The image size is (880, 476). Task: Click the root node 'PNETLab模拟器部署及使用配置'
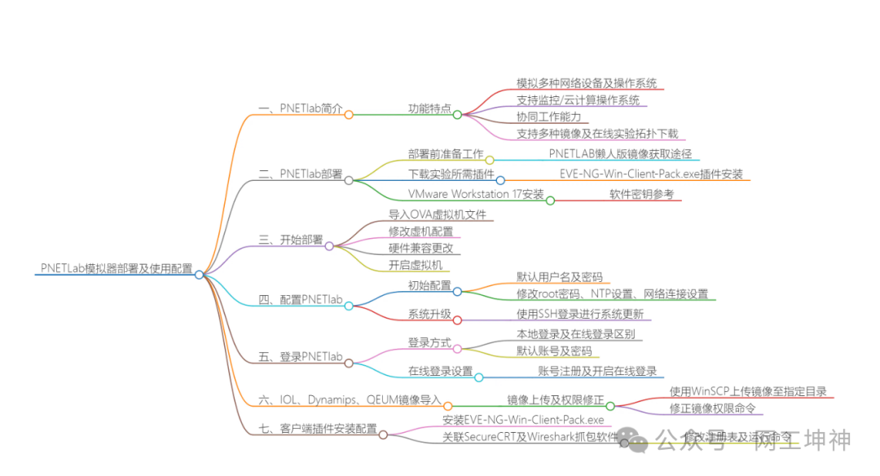(x=117, y=268)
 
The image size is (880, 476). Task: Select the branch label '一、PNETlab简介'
(x=300, y=108)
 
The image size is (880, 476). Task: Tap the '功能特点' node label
(x=429, y=108)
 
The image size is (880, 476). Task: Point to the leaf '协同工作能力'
(x=548, y=117)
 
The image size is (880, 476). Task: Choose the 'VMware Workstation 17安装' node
(x=476, y=194)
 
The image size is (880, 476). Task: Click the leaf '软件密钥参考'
(x=642, y=194)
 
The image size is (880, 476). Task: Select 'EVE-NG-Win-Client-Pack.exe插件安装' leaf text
(x=651, y=174)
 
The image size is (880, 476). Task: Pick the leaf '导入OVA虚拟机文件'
(x=438, y=214)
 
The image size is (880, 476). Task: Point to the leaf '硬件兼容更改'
(x=420, y=248)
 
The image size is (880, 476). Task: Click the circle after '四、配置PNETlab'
(x=349, y=306)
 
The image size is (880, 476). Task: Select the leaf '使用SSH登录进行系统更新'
(x=580, y=315)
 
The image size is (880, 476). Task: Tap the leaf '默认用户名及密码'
(x=560, y=277)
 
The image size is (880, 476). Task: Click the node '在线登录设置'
(x=440, y=372)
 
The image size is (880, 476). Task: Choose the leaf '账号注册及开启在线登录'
(x=597, y=372)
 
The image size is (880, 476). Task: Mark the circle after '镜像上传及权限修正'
(x=609, y=405)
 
